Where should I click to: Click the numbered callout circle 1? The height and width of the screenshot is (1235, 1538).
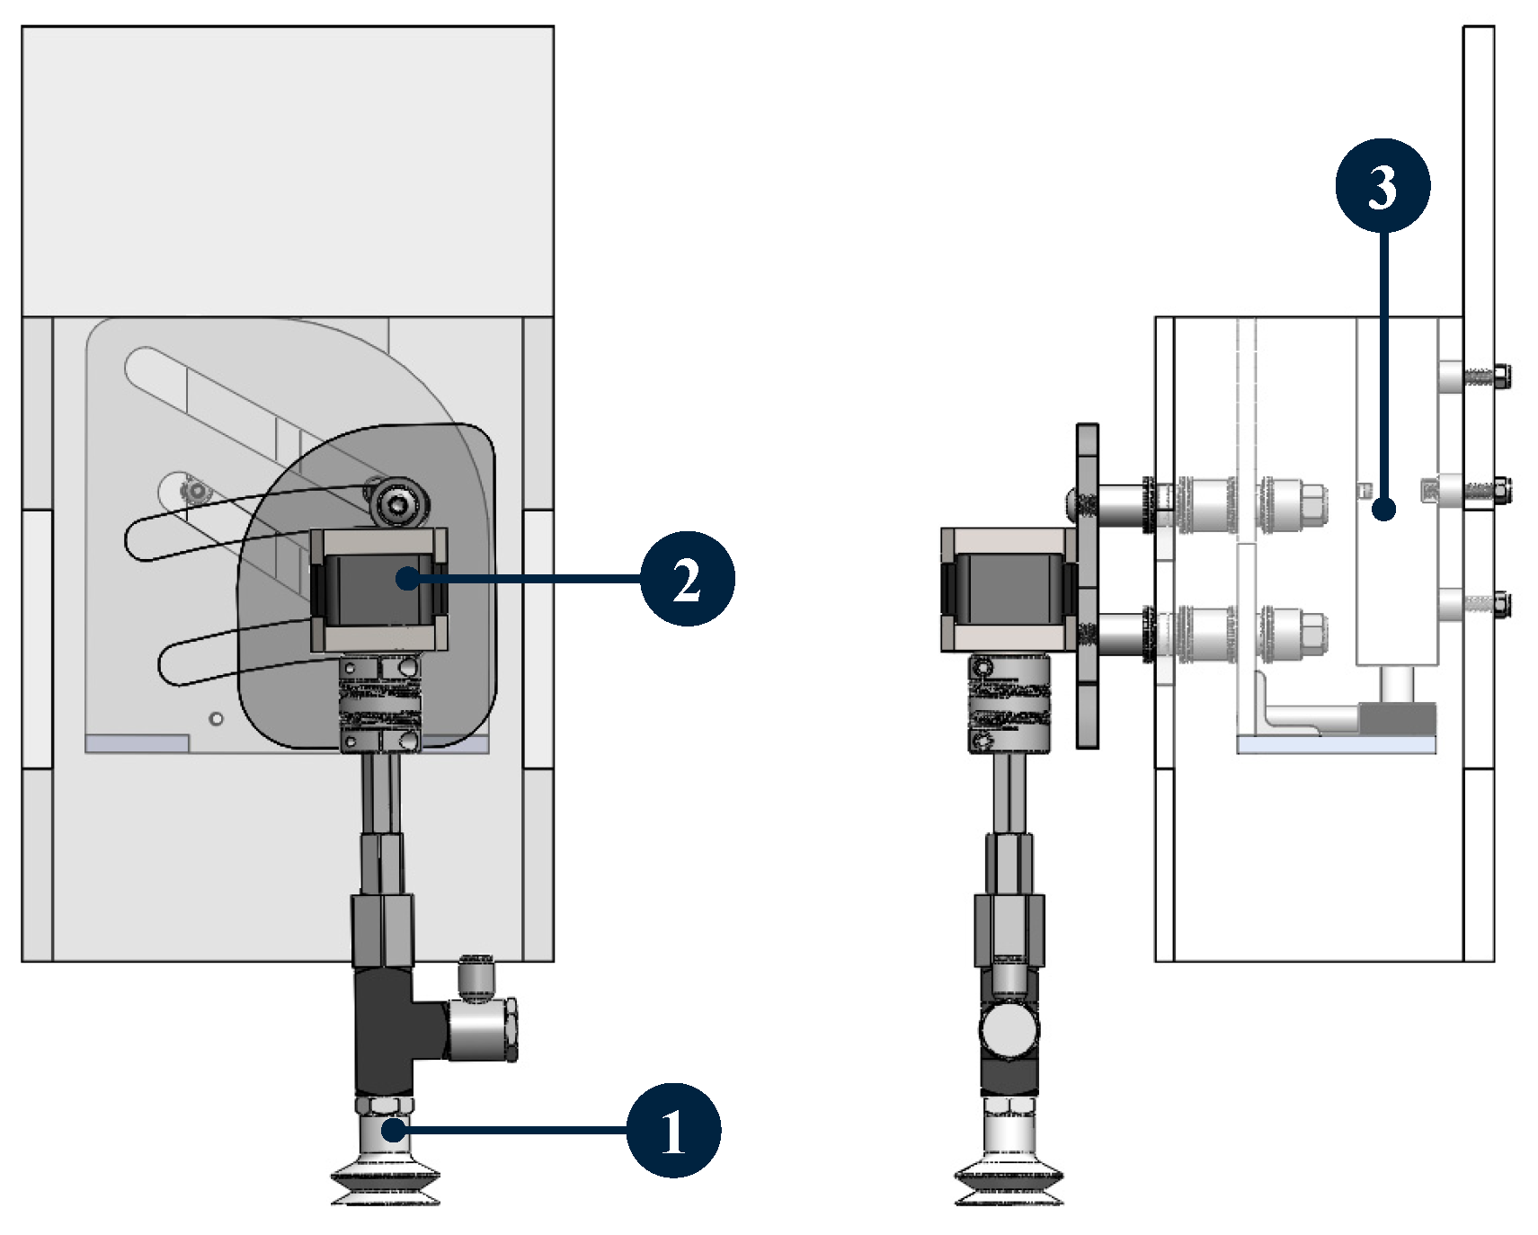click(673, 1130)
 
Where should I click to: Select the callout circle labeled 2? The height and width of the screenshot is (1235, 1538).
click(688, 579)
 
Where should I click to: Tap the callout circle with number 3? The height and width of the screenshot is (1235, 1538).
click(1382, 185)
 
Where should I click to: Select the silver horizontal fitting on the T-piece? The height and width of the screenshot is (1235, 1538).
click(481, 1029)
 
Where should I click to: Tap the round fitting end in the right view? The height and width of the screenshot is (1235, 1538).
click(1009, 1030)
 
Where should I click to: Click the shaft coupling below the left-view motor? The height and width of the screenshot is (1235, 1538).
click(380, 704)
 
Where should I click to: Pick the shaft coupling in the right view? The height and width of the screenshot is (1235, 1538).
click(1009, 704)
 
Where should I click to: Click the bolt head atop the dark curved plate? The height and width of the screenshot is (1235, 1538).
click(393, 502)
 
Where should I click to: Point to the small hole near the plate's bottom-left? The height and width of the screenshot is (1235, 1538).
click(216, 719)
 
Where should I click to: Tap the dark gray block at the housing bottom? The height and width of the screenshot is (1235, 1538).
click(1398, 718)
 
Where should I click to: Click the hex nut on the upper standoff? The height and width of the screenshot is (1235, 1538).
click(1311, 504)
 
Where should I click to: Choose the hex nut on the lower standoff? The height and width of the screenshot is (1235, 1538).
click(1311, 633)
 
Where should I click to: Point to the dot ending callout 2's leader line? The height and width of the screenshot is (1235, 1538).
click(407, 579)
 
